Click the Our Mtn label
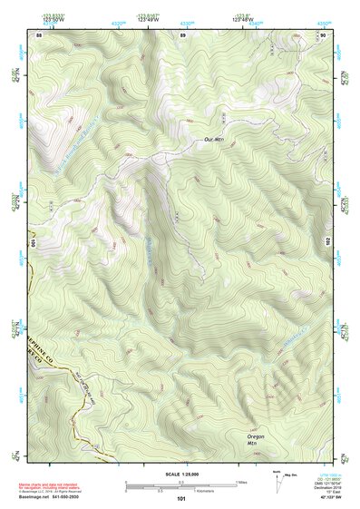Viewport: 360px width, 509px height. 214,139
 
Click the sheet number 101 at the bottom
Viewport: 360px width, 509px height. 181,498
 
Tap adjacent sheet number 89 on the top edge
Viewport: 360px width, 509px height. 182,34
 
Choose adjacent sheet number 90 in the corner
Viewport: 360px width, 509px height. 323,34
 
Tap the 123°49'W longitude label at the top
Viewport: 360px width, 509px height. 148,18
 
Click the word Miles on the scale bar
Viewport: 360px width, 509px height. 241,482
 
